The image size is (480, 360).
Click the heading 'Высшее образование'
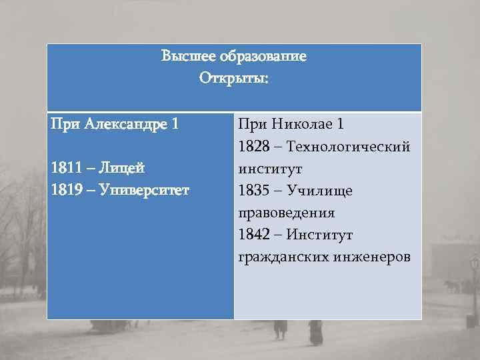(x=234, y=57)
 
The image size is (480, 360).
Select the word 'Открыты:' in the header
(x=234, y=79)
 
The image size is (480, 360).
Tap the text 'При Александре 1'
(x=114, y=124)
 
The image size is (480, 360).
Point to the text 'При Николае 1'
(x=291, y=124)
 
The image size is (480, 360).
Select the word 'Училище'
(x=320, y=191)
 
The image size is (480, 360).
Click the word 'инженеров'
(x=369, y=257)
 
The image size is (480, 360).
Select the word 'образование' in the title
(x=269, y=57)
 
